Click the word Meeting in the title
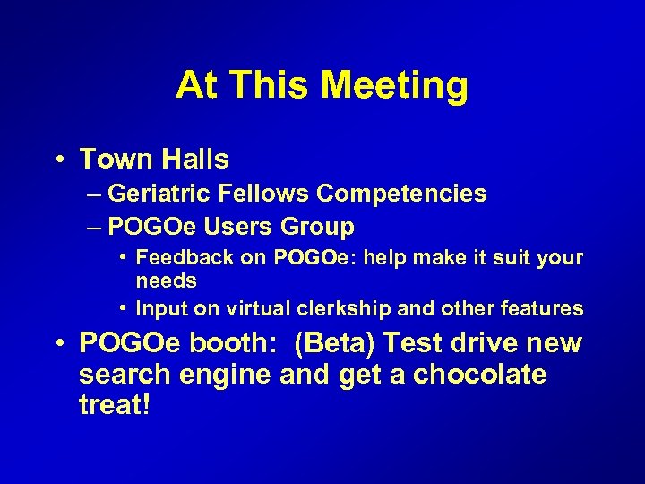(394, 86)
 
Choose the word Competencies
(402, 194)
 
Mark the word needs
(166, 281)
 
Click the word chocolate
(479, 375)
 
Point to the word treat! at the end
(114, 404)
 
